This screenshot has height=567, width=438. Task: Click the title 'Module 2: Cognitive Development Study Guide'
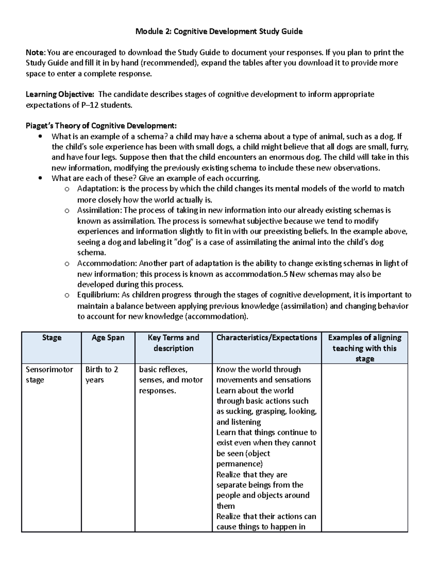click(x=219, y=31)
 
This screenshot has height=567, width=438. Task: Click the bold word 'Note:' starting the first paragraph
click(x=36, y=53)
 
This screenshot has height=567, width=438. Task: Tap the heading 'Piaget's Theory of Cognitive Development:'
click(x=101, y=126)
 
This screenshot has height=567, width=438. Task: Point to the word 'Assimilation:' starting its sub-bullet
click(x=100, y=210)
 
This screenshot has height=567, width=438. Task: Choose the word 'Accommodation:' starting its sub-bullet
click(x=107, y=263)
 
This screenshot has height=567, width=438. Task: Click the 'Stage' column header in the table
click(x=51, y=338)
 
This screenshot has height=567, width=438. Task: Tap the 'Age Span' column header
click(x=108, y=338)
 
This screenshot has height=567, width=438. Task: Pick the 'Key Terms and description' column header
click(x=173, y=343)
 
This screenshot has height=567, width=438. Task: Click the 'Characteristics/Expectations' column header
click(x=266, y=338)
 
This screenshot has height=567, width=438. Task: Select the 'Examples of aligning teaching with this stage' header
click(x=365, y=348)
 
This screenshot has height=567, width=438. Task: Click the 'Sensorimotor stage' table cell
click(x=49, y=375)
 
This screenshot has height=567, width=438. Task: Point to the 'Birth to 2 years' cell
click(x=102, y=375)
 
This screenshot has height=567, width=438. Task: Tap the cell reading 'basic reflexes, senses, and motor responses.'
click(x=171, y=380)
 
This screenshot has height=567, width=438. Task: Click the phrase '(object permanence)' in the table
click(x=243, y=459)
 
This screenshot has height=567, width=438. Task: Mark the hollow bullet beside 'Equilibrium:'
click(x=66, y=295)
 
